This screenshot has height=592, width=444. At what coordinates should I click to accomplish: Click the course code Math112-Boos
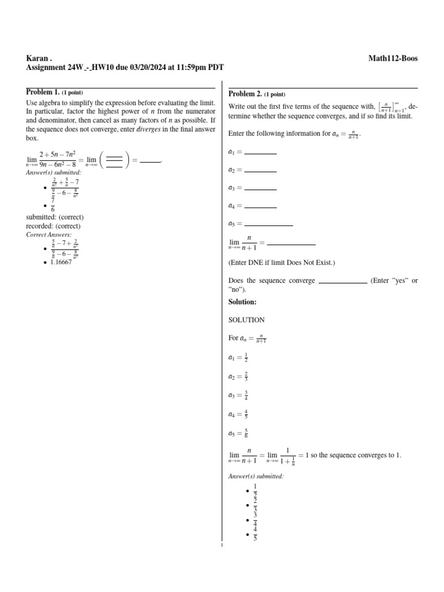tap(393, 58)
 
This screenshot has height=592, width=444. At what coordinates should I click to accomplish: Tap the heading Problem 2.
tap(245, 94)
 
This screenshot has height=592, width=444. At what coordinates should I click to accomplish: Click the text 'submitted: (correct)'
tap(55, 217)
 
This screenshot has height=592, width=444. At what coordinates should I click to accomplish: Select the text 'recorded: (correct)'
tap(53, 226)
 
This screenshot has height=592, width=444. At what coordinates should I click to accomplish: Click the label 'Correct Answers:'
tap(49, 235)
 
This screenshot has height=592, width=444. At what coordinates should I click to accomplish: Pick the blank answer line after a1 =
tap(261, 153)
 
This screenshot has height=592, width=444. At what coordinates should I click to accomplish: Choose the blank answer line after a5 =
tap(269, 224)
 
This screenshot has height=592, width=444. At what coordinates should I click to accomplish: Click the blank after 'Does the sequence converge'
tap(343, 282)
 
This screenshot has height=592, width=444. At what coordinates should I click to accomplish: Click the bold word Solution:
tap(242, 302)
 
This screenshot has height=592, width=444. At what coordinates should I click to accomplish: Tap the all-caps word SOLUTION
tap(247, 320)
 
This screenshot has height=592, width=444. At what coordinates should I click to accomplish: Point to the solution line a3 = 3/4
tap(239, 396)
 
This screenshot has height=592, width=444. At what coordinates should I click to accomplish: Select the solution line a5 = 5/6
tap(239, 433)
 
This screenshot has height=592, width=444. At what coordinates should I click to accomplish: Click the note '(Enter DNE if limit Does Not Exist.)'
tap(282, 263)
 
